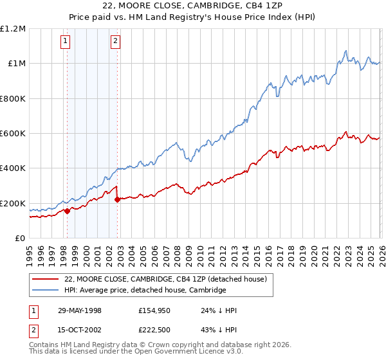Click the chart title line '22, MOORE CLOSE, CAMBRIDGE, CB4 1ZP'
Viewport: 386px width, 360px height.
pos(193,6)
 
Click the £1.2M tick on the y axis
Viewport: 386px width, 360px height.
pos(13,29)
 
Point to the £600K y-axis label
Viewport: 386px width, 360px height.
pos(13,134)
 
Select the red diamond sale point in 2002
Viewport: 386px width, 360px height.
pos(118,199)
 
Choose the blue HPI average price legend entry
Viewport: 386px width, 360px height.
pos(145,291)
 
